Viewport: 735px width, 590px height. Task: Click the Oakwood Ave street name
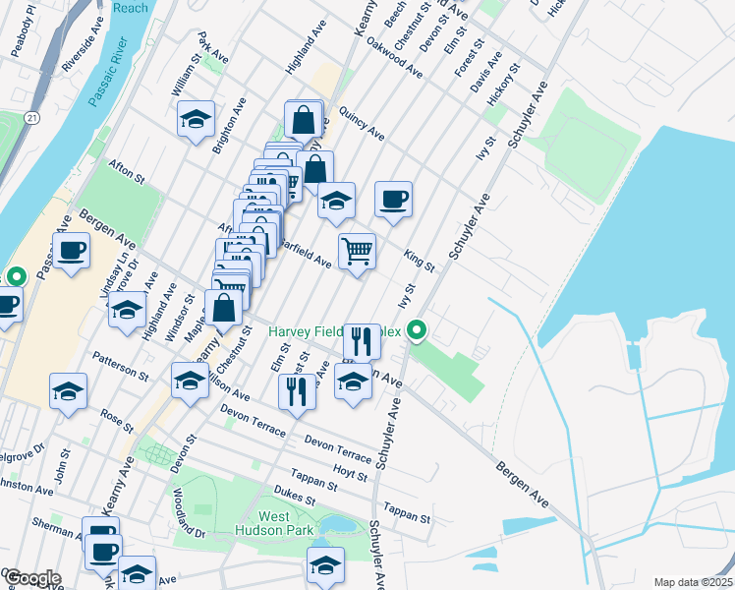(393, 58)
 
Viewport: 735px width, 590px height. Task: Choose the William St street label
(186, 76)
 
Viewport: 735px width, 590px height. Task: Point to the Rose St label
(116, 420)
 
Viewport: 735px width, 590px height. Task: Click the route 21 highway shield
(32, 118)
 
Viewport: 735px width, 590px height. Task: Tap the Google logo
(31, 578)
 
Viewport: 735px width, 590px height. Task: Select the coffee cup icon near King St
(393, 200)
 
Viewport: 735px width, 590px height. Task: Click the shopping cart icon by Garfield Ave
(357, 250)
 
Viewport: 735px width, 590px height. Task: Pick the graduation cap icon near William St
(197, 119)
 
